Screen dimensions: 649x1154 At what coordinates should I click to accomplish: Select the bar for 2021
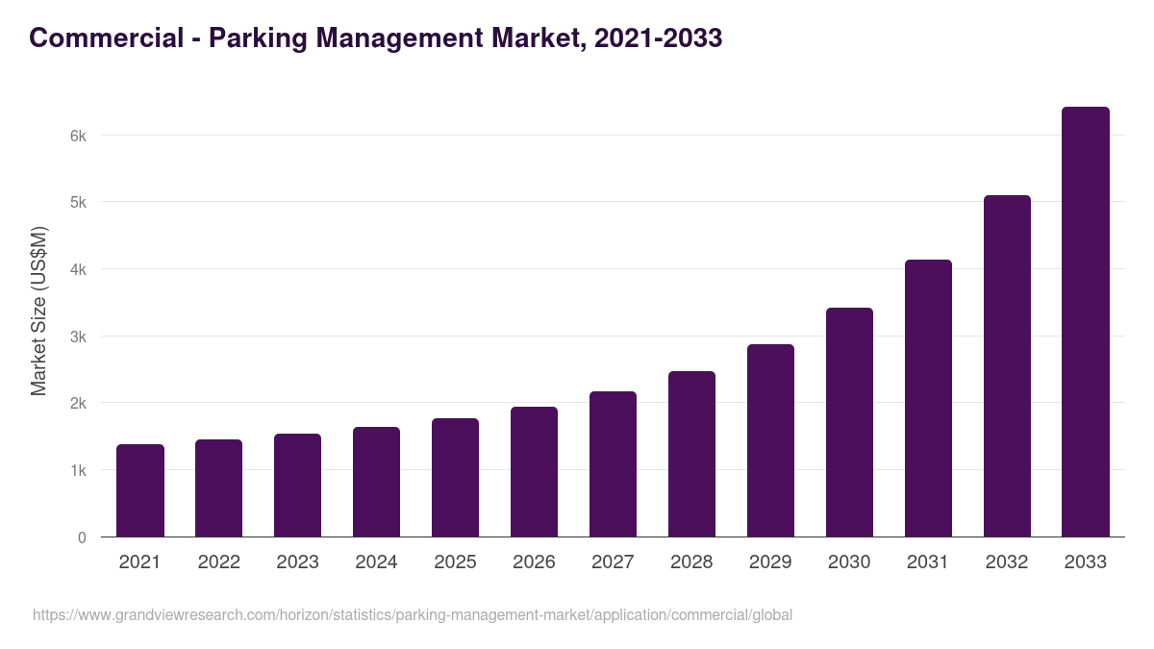tap(140, 490)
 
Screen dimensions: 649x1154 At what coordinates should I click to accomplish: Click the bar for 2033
tap(1086, 322)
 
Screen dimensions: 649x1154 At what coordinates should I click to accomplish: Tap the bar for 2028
tap(691, 454)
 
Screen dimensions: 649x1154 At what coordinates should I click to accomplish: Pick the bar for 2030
tap(849, 422)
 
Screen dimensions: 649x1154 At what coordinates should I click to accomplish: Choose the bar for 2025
tap(455, 478)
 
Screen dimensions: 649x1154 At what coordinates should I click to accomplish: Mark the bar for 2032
tap(1007, 366)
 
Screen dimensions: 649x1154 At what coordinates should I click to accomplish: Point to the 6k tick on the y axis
tap(78, 136)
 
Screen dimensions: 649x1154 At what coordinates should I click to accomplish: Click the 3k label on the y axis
tap(78, 337)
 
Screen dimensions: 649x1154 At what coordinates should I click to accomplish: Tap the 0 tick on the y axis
tap(82, 537)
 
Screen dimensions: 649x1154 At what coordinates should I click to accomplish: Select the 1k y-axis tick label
tap(78, 470)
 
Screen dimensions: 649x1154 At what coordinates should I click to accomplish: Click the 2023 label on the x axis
tap(297, 562)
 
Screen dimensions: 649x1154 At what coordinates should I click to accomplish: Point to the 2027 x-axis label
tap(613, 562)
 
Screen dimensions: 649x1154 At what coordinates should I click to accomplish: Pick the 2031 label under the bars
tap(928, 562)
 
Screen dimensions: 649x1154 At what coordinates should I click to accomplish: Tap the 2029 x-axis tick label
tap(770, 562)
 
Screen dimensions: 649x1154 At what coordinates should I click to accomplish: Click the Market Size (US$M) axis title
tap(38, 311)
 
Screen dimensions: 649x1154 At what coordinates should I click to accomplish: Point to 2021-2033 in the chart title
tap(658, 38)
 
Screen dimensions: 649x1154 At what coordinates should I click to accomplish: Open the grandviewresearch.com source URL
tap(413, 614)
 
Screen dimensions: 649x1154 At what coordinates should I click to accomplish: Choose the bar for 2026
tap(534, 472)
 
